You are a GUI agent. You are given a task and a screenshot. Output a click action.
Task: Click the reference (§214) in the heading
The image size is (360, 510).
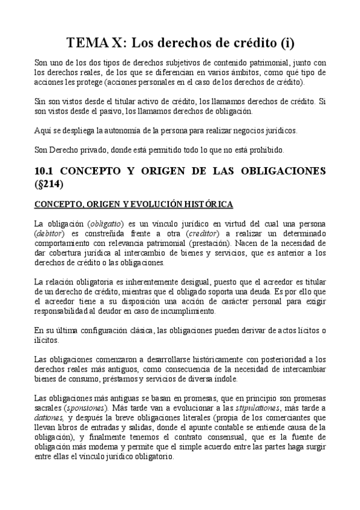coord(52,183)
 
